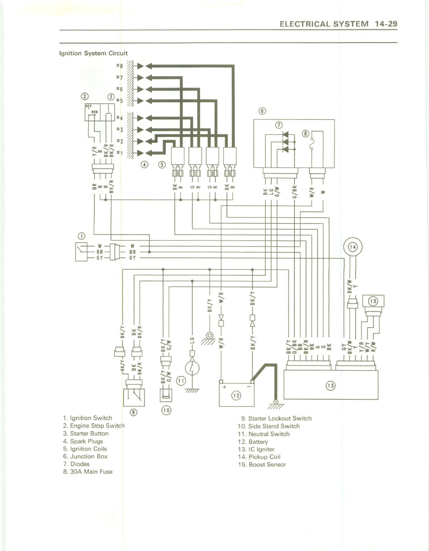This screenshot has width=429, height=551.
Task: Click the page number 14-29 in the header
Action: [x=385, y=24]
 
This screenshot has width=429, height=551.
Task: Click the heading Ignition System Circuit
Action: [x=93, y=53]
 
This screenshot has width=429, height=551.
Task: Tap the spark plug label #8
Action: [x=120, y=66]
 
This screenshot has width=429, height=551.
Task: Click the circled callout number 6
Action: [x=262, y=111]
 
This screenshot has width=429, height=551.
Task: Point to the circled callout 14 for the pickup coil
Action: [x=353, y=247]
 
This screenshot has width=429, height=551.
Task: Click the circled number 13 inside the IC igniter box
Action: [x=330, y=385]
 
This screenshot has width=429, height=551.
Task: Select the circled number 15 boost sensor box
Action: [x=373, y=301]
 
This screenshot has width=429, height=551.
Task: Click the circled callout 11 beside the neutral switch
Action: [x=181, y=380]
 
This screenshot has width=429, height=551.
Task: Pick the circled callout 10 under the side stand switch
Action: [x=166, y=410]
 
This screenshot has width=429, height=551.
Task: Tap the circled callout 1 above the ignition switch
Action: [x=81, y=236]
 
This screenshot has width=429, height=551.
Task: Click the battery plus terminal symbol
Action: [x=225, y=387]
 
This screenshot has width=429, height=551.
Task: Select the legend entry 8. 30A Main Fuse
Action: [x=87, y=472]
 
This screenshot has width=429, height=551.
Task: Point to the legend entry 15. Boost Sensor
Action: [x=262, y=464]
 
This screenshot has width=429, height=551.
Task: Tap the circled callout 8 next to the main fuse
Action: [x=305, y=133]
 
